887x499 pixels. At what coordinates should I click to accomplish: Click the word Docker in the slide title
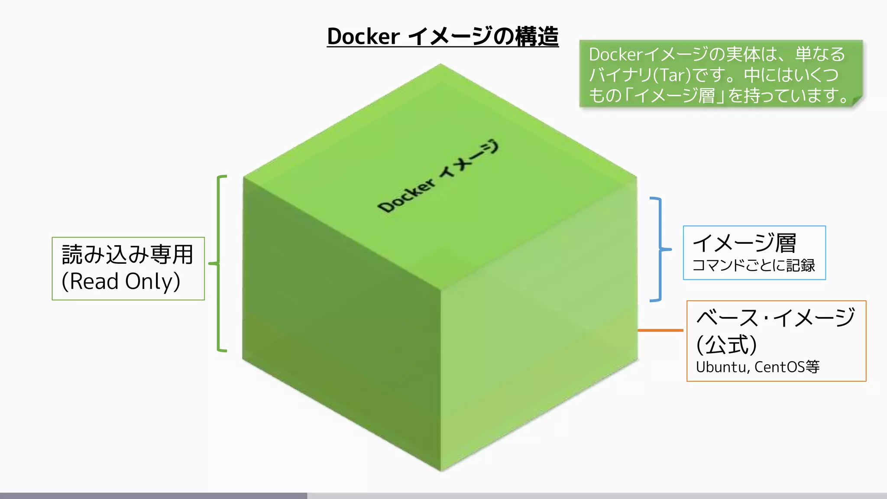tap(363, 36)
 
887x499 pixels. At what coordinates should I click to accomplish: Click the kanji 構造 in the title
tap(537, 36)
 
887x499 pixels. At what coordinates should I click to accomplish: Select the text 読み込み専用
tap(127, 254)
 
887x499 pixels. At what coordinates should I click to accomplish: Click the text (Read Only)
tap(121, 282)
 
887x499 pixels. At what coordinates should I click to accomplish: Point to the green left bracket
tap(219, 263)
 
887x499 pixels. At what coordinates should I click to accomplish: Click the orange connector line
tap(660, 330)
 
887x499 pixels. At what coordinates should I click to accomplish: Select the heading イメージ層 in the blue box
tap(744, 243)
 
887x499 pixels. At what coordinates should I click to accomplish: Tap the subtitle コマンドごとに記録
tap(754, 266)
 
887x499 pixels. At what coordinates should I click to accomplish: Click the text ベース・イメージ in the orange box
tap(775, 318)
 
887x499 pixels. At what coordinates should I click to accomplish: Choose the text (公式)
tap(726, 345)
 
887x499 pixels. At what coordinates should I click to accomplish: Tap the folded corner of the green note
tap(857, 101)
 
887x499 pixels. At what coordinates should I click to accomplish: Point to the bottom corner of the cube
tap(441, 470)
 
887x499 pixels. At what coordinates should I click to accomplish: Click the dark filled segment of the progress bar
tap(153, 496)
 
